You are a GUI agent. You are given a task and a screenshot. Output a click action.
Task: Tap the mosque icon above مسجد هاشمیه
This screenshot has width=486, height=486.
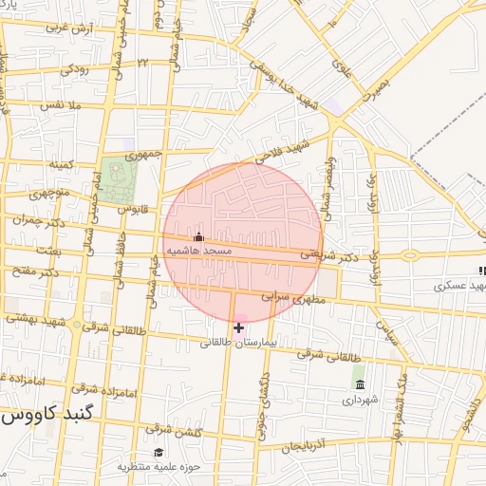click(x=198, y=236)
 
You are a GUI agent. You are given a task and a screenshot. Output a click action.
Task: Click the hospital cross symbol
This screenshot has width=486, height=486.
click(x=238, y=327)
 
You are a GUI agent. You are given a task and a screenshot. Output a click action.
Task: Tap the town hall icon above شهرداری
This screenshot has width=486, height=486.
click(x=359, y=384)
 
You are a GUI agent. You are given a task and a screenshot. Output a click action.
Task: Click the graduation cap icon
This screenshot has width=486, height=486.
click(x=159, y=453)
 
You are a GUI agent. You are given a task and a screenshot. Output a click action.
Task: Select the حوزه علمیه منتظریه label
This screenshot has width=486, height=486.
click(x=154, y=467)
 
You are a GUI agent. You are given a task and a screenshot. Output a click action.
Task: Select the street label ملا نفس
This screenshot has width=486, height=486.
click(x=57, y=105)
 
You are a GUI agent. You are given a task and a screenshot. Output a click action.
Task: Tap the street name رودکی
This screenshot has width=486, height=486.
click(x=75, y=69)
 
